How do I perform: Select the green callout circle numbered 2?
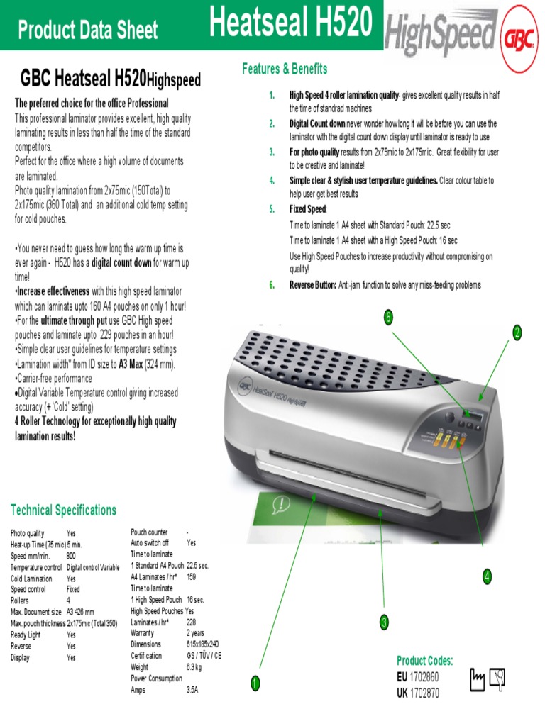pyautogui.click(x=517, y=333)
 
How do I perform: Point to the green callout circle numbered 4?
pyautogui.click(x=487, y=577)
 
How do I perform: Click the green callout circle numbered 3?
pyautogui.click(x=384, y=623)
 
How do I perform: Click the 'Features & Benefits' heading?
pyautogui.click(x=285, y=69)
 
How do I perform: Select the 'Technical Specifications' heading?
pyautogui.click(x=63, y=510)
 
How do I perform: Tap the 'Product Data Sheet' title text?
pyautogui.click(x=88, y=30)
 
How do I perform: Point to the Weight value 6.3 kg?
pyautogui.click(x=195, y=667)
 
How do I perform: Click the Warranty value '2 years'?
pyautogui.click(x=196, y=633)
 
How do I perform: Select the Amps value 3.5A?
pyautogui.click(x=192, y=689)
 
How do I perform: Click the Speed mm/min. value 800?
pyautogui.click(x=71, y=557)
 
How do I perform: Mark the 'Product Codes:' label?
pyautogui.click(x=424, y=661)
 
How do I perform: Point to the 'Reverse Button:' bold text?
pyautogui.click(x=313, y=285)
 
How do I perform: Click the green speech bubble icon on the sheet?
pyautogui.click(x=282, y=504)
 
